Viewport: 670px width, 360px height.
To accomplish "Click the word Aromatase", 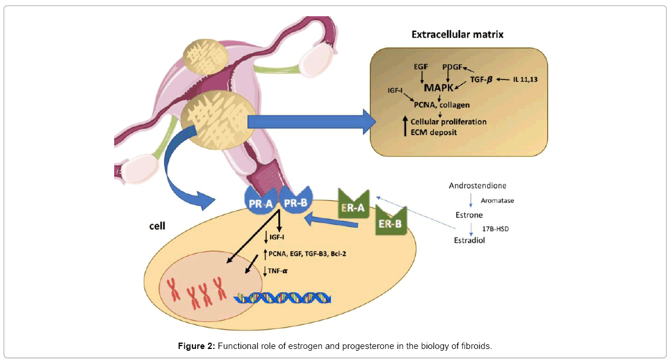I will tap(497, 201).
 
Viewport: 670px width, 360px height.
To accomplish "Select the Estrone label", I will tap(469, 214).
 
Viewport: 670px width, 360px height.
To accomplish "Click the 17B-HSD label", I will tap(496, 228).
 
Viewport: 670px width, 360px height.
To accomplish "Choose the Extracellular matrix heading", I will tap(457, 34).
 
